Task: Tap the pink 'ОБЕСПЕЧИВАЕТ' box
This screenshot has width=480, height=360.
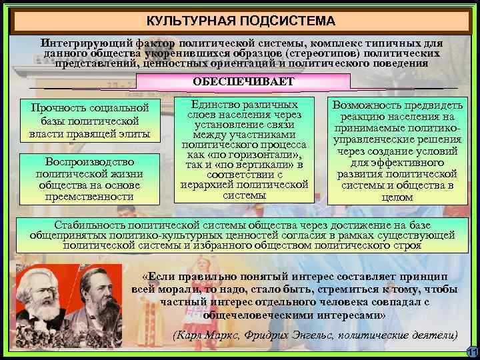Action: [243, 81]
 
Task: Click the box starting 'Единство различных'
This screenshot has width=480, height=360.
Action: [244, 151]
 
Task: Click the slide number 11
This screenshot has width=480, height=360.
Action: [471, 352]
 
